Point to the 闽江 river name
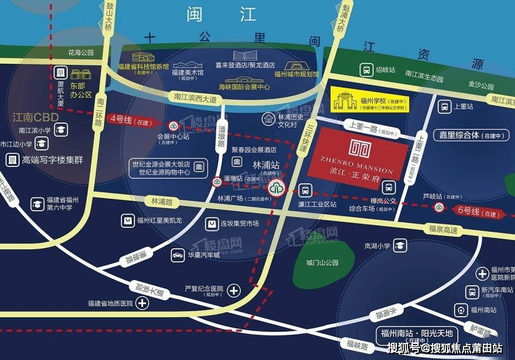pos(221,14)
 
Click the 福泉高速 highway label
pos(443,230)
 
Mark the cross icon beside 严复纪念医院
pos(234,290)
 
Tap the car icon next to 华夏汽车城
pos(178,255)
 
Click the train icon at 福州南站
pos(460,310)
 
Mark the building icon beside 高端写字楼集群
pos(12,160)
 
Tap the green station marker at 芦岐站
pos(439,208)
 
